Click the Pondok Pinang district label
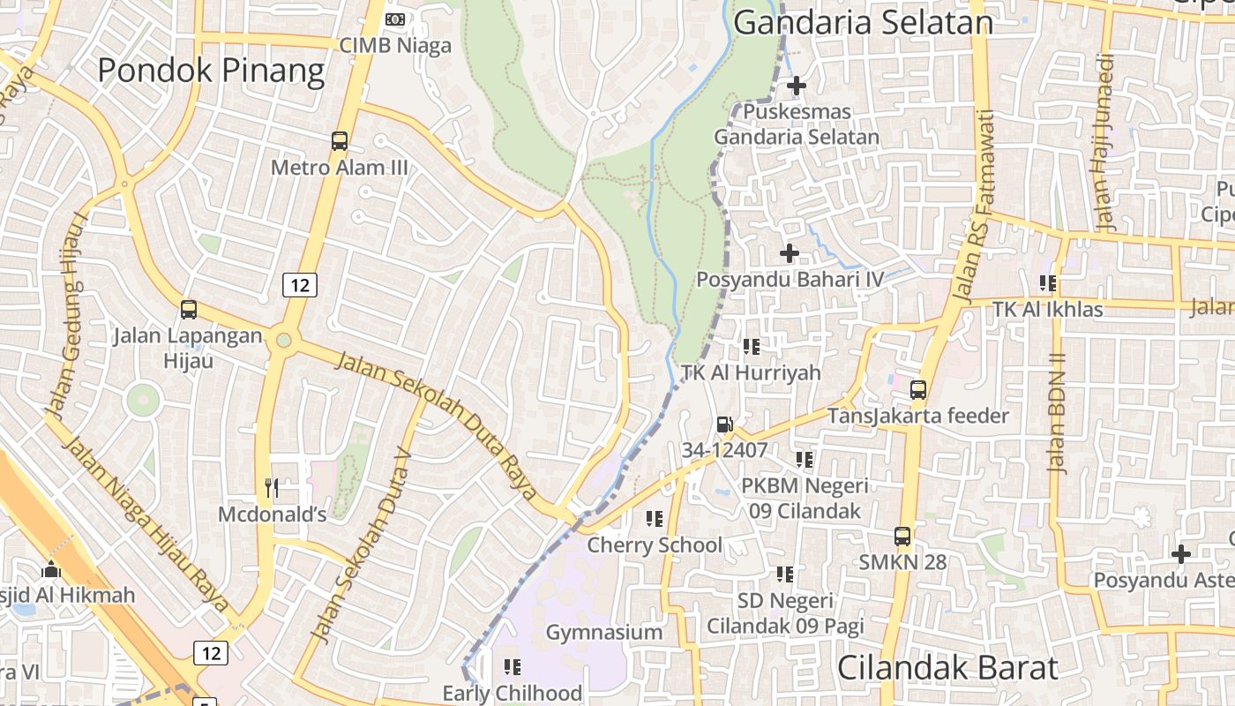click(211, 71)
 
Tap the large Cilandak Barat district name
click(947, 668)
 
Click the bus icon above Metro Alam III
click(340, 140)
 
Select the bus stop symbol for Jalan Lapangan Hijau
click(189, 310)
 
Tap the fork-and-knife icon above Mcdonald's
click(272, 488)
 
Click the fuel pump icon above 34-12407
click(724, 424)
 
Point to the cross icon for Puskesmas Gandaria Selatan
click(797, 86)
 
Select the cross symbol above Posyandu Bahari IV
click(790, 254)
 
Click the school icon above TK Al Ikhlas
click(1048, 283)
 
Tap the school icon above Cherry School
click(655, 519)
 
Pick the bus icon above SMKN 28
click(902, 536)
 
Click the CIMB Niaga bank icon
click(395, 19)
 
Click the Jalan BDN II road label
click(1057, 413)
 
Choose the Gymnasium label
click(604, 633)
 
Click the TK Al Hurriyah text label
click(751, 372)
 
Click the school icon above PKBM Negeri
click(805, 460)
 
